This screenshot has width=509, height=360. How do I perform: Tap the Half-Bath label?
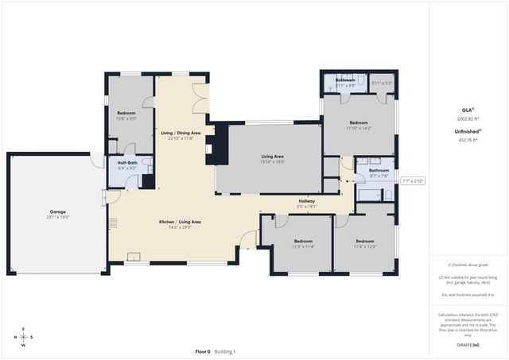tap(127, 163)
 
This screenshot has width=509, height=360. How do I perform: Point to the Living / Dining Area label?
tap(181, 132)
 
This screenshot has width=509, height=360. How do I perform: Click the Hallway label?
tap(306, 201)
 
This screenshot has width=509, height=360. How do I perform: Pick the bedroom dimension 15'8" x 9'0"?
tap(126, 118)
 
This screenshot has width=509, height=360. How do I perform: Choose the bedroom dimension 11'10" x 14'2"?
tap(359, 128)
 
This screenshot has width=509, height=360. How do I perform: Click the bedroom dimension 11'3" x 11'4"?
tap(303, 246)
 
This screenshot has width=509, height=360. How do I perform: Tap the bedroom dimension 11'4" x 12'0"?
tap(364, 246)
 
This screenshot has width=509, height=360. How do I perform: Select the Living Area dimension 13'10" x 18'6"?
tap(273, 162)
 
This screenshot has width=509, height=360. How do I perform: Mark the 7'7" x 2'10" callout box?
tap(414, 180)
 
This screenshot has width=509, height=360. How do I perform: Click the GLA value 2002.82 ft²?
tap(468, 117)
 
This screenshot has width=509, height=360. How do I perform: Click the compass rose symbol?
tap(23, 337)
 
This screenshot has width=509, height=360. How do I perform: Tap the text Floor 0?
tap(203, 351)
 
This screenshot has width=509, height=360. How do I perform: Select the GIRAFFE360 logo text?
tap(468, 345)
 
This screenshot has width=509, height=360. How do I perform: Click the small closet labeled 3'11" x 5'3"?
tap(382, 83)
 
